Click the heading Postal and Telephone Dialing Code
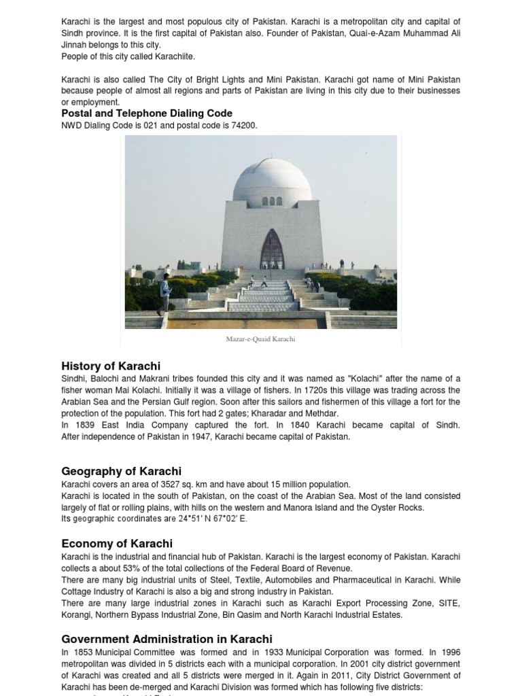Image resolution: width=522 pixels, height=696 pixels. click(x=147, y=114)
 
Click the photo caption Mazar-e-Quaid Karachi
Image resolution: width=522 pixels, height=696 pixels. click(x=260, y=339)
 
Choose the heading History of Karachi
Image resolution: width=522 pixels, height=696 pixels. click(x=111, y=366)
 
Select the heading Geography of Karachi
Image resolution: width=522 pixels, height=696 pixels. click(x=121, y=471)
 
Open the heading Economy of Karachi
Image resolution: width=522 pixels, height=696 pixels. click(x=117, y=543)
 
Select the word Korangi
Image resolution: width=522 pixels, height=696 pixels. click(x=76, y=615)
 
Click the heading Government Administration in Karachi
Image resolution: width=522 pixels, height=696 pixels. click(x=167, y=639)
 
